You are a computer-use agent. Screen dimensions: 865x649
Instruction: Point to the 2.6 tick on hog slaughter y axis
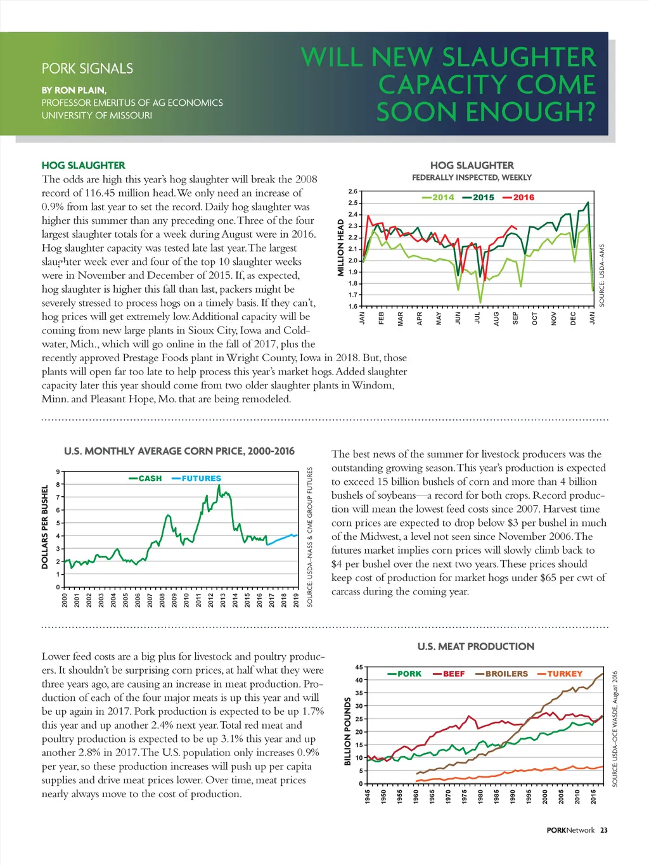(353, 191)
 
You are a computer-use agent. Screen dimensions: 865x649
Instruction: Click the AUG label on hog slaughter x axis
(496, 318)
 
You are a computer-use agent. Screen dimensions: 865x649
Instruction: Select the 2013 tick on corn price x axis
(223, 600)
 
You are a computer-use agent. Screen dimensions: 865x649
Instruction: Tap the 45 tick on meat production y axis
(359, 667)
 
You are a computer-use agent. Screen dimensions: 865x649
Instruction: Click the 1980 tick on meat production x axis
(480, 797)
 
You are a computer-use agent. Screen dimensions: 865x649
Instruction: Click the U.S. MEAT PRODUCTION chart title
(475, 646)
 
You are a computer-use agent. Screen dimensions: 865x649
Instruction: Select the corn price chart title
(179, 451)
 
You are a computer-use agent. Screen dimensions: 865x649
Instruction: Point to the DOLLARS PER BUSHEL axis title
(45, 527)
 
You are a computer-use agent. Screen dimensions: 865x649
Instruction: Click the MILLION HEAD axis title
(341, 248)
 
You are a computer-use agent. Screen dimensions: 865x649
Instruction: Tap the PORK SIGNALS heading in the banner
(87, 68)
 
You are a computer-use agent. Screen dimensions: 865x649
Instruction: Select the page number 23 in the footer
(603, 830)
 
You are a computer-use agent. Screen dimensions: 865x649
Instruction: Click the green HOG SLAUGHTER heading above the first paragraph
(83, 165)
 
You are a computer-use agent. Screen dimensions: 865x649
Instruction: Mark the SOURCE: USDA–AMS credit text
(602, 276)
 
